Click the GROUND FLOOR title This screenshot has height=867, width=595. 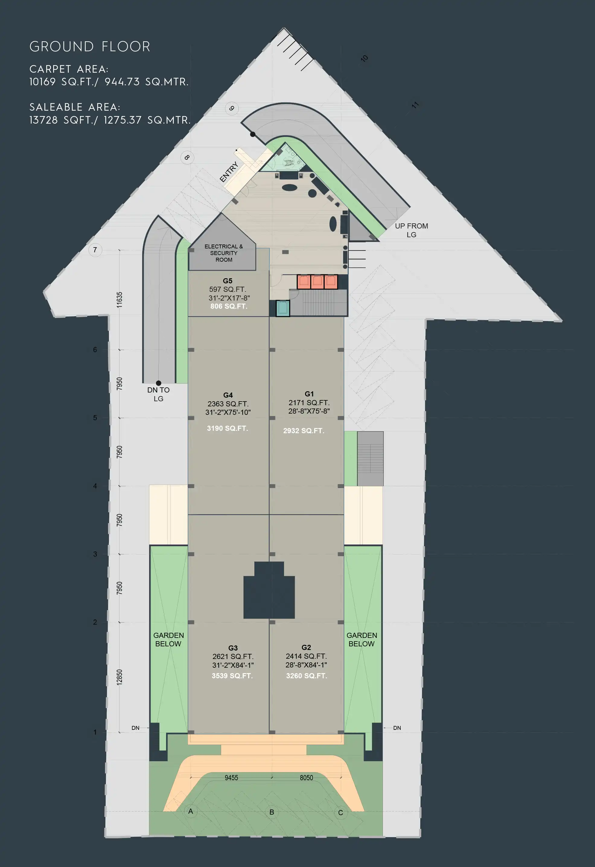click(90, 47)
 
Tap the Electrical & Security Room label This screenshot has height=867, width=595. click(224, 253)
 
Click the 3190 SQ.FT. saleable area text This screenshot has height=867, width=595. click(227, 428)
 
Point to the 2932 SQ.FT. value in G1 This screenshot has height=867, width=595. click(304, 430)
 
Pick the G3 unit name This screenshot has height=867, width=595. click(233, 648)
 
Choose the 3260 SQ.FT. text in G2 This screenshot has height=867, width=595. click(307, 676)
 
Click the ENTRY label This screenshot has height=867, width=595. click(229, 172)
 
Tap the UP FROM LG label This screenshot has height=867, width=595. click(411, 230)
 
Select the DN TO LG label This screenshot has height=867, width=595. click(158, 394)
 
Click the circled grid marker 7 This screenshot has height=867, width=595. click(95, 250)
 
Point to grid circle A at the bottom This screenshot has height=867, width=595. click(191, 811)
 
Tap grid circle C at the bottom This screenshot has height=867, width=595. click(340, 812)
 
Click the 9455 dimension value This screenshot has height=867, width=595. click(231, 777)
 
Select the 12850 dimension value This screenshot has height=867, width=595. click(119, 677)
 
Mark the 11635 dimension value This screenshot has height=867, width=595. click(119, 300)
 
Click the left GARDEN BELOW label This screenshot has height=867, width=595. click(168, 639)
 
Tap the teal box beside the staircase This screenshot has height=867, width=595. click(283, 308)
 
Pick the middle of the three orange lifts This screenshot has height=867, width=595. click(317, 282)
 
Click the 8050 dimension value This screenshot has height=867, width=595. click(307, 777)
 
